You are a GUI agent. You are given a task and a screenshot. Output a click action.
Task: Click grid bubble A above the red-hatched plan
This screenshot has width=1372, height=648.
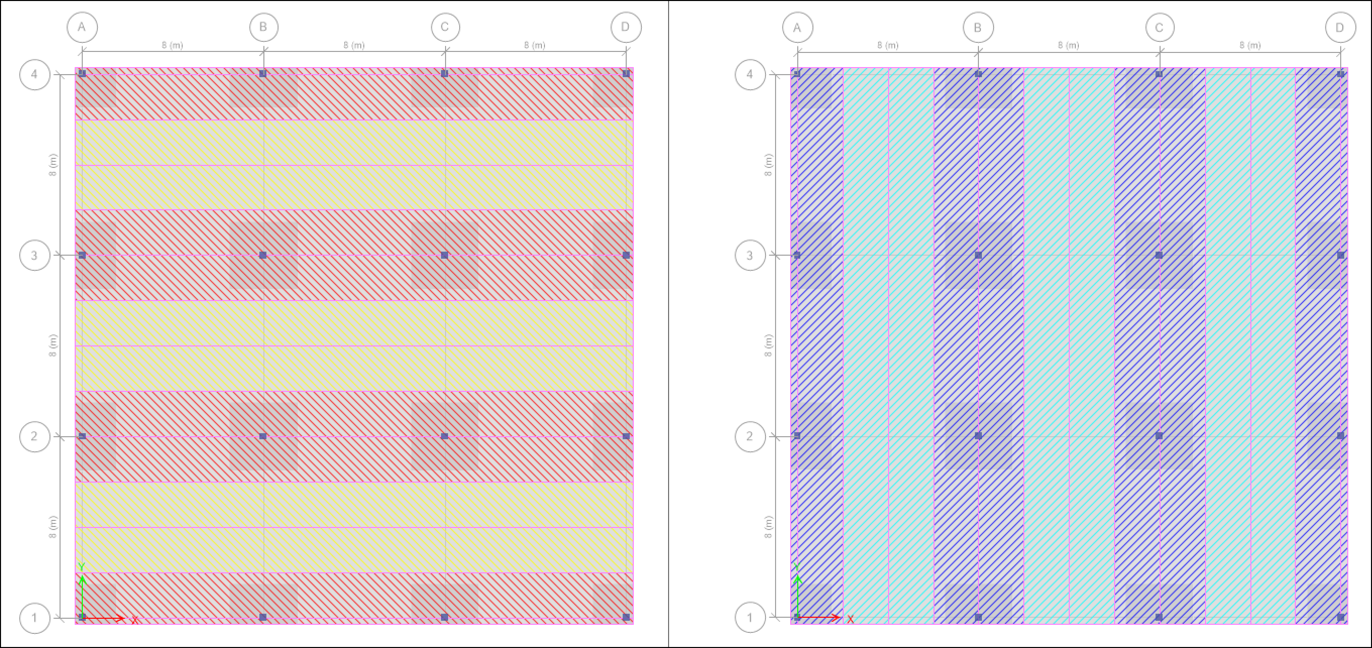[82, 27]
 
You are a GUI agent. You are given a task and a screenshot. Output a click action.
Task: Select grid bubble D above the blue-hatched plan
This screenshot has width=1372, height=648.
[1340, 27]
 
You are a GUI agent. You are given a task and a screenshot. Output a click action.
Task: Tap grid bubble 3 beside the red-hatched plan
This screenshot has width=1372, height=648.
[35, 256]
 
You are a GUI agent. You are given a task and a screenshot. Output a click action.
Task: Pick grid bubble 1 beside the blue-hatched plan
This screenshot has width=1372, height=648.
[750, 618]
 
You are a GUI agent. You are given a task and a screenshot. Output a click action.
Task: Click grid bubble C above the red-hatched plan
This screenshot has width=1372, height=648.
[445, 27]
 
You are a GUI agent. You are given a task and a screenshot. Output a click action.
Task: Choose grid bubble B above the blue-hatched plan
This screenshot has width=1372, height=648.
[978, 27]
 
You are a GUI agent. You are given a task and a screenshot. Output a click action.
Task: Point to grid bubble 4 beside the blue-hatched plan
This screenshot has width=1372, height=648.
[750, 74]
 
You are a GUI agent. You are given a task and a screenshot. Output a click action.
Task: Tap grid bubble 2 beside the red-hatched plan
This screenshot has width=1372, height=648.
[35, 437]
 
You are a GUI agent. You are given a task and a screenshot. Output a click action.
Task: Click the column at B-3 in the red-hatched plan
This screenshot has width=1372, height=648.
[263, 255]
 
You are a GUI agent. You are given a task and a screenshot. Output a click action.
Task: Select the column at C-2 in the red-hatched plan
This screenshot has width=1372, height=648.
[445, 436]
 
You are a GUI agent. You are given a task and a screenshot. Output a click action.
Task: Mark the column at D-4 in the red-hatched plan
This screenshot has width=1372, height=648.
[626, 74]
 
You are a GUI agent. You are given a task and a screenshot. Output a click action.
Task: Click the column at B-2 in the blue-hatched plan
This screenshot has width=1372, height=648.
[978, 436]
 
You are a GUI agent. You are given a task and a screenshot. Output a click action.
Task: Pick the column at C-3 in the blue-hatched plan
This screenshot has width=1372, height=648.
[1160, 255]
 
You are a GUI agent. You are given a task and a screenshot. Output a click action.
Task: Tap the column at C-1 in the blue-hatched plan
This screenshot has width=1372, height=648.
[1160, 617]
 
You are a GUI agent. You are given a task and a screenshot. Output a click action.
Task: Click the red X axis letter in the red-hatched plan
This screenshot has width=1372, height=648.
[135, 620]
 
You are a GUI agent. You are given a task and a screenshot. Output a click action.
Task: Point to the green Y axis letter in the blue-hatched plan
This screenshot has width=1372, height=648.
[797, 566]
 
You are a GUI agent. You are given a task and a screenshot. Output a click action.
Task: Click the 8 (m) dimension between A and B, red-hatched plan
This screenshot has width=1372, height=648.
[173, 45]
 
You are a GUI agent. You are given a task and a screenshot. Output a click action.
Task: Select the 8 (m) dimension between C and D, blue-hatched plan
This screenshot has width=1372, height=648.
[1250, 45]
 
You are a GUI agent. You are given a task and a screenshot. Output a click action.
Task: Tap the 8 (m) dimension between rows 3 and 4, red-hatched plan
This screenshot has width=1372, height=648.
[52, 164]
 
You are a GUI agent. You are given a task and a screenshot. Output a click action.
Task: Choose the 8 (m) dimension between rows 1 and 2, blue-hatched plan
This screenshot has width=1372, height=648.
[768, 526]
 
